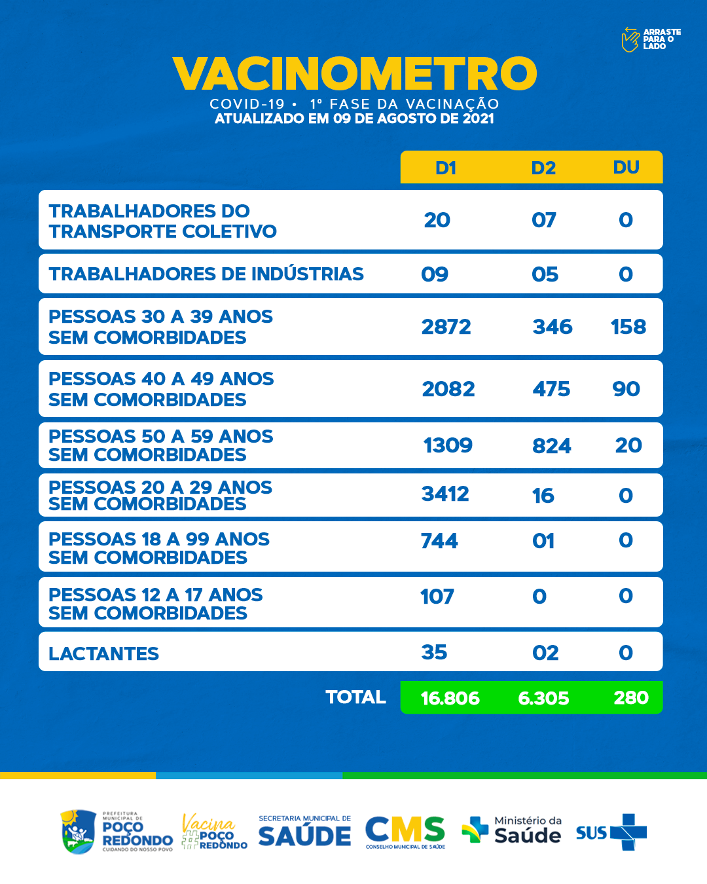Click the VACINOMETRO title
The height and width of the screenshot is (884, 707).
354,73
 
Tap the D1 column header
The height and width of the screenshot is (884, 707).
445,168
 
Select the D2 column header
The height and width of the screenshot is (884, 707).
543,168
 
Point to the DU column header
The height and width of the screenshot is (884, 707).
626,168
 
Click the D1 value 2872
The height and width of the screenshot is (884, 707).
446,327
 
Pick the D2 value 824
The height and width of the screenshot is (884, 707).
551,446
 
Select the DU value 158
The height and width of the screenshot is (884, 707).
628,327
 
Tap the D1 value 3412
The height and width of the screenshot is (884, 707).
445,494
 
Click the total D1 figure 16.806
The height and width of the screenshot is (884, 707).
450,698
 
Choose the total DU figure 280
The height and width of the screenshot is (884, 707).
631,697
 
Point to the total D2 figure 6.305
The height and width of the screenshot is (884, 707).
543,698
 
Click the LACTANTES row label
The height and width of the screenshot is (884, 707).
103,654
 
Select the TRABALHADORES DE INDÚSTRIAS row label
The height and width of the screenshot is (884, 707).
206,274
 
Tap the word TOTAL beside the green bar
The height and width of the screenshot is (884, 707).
355,697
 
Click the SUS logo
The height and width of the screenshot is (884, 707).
611,832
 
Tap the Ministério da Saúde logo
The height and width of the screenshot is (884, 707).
512,830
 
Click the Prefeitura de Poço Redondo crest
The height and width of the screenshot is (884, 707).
78,832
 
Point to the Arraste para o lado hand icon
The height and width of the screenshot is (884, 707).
630,39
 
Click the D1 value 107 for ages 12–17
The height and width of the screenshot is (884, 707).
437,597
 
